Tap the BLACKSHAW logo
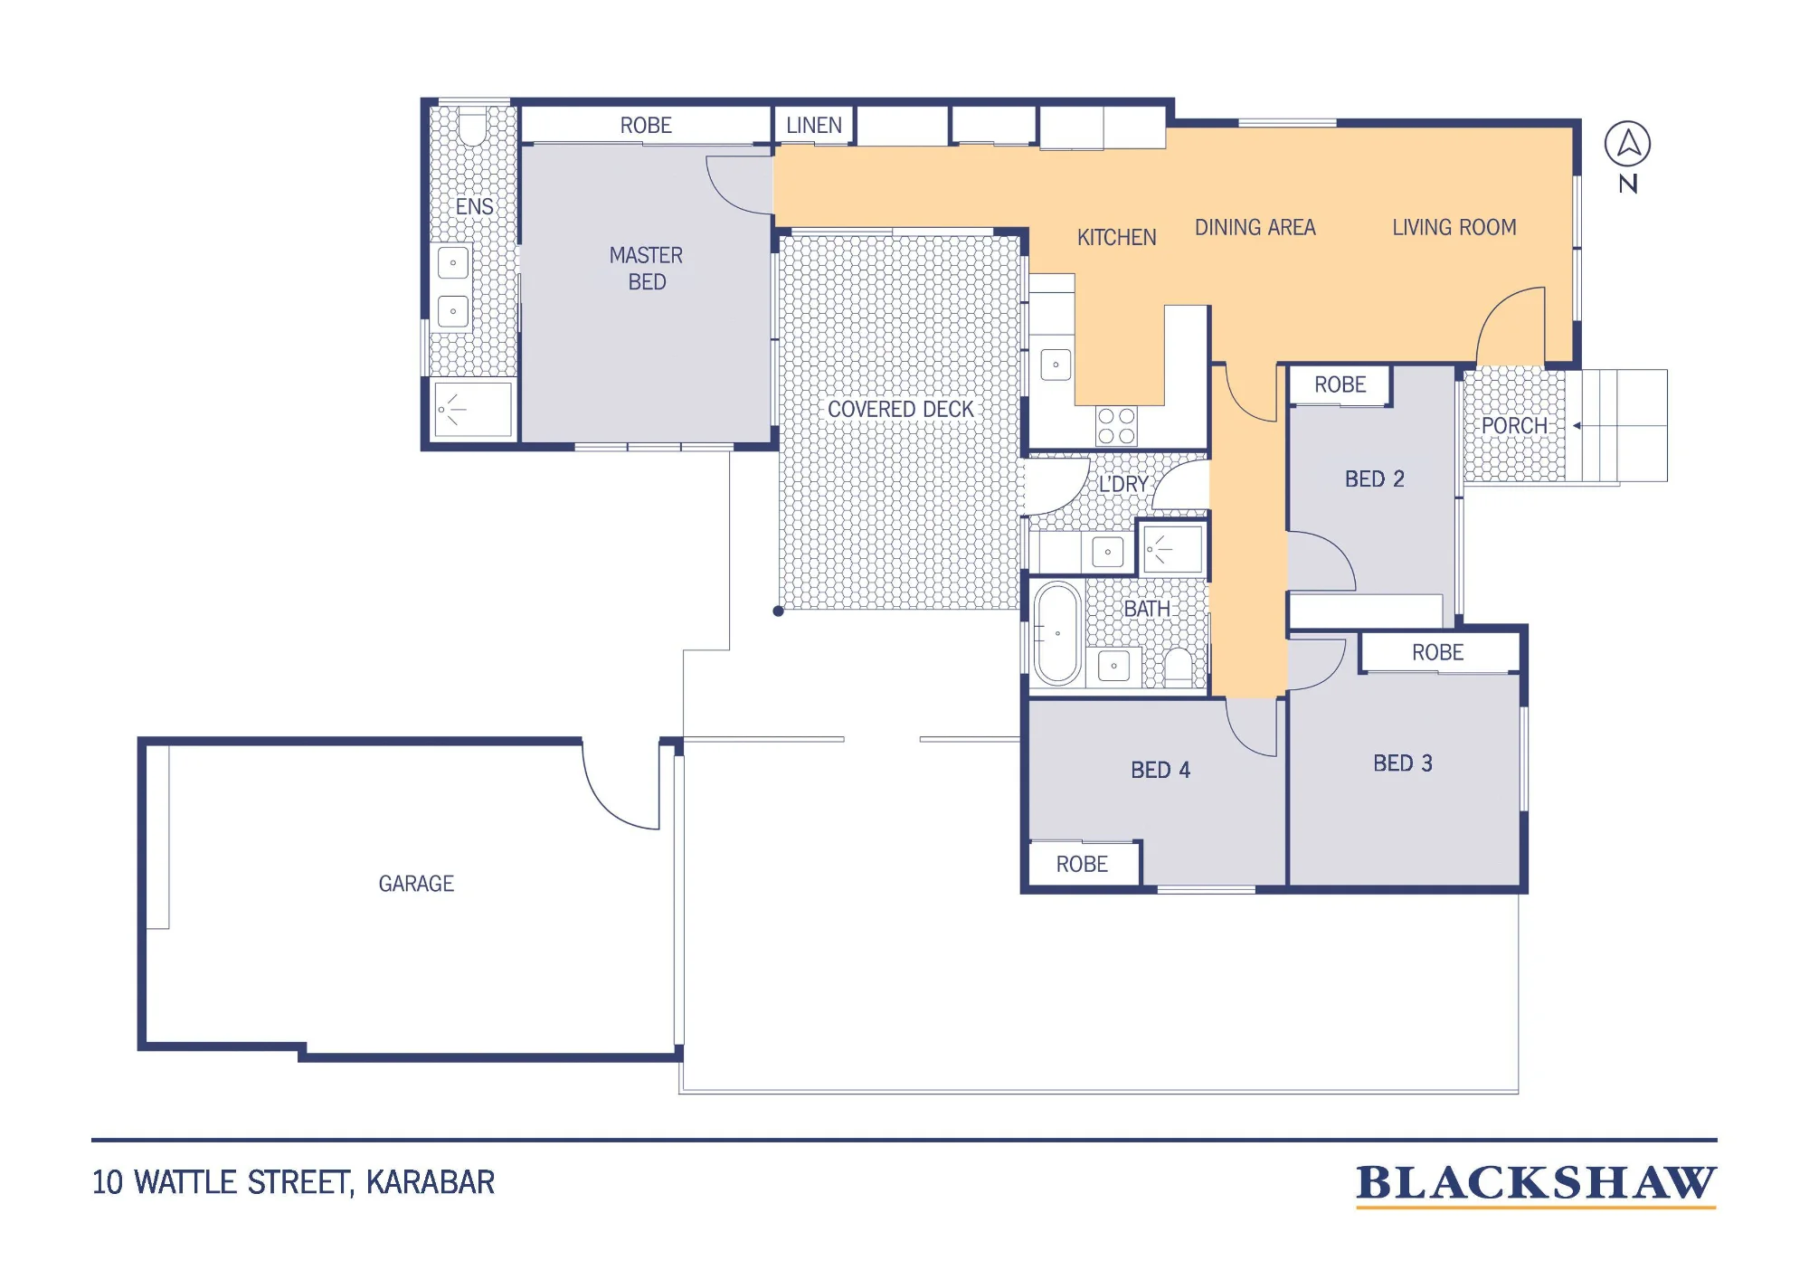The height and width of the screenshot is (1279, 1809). (x=1536, y=1185)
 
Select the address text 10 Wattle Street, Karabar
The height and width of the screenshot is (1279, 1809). (x=294, y=1182)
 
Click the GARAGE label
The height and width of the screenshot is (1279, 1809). (x=416, y=884)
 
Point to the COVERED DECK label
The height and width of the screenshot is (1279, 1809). (x=901, y=410)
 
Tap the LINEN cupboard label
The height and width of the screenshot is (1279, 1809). (x=814, y=126)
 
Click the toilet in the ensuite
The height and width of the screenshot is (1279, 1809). (x=472, y=127)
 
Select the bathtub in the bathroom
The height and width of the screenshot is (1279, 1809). (x=1057, y=633)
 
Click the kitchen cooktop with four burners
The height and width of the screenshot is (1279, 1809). (x=1116, y=426)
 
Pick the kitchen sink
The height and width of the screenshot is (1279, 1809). (x=1056, y=365)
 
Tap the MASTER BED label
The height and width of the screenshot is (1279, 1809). (x=647, y=269)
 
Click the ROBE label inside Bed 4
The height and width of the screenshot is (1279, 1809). (x=1082, y=865)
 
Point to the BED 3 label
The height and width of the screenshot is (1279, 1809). (x=1403, y=763)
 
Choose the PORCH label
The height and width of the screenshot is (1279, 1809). (x=1514, y=426)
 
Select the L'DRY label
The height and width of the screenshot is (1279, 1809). (x=1123, y=485)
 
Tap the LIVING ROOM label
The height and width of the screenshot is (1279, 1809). (x=1454, y=228)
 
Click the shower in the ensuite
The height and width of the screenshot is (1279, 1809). (x=473, y=410)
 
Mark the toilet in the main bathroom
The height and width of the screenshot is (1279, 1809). (x=1178, y=667)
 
